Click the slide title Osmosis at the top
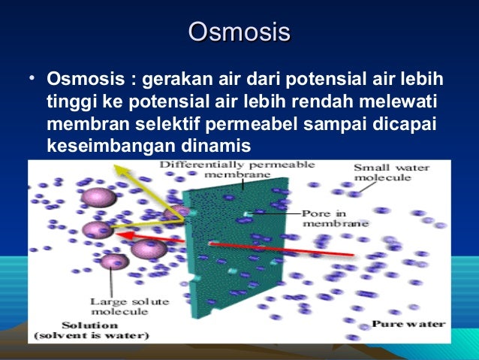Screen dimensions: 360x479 point(239,33)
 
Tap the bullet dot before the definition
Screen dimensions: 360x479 point(28,79)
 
